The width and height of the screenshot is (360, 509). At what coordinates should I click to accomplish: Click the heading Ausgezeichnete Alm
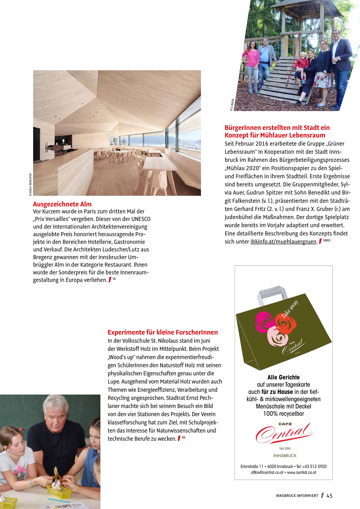(62, 204)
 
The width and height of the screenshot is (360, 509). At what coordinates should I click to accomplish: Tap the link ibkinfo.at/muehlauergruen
(283, 242)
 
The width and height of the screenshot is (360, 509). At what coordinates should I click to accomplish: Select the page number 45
(330, 496)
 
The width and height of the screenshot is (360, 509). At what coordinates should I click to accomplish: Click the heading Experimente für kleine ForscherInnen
(163, 332)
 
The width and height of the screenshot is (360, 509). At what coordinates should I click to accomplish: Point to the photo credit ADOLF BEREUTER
(30, 185)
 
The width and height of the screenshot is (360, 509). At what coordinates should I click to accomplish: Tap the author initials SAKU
(327, 240)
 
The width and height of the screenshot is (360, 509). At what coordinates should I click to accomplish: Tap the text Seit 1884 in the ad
(285, 448)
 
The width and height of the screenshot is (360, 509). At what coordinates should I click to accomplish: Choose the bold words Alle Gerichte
(283, 377)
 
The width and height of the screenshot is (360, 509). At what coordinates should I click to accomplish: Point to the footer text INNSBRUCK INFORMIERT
(297, 496)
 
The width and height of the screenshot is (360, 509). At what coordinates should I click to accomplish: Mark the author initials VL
(114, 279)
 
